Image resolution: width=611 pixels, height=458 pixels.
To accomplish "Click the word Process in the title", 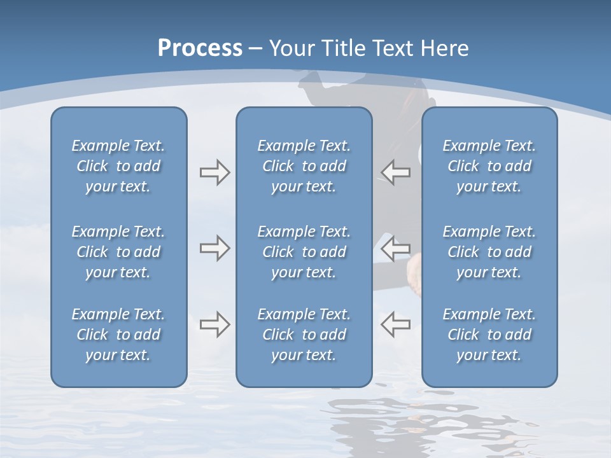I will [x=200, y=48].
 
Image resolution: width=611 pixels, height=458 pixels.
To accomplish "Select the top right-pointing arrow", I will [x=214, y=172].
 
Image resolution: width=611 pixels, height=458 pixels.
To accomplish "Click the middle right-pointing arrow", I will [x=214, y=247].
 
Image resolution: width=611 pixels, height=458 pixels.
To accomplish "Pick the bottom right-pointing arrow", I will [x=214, y=324].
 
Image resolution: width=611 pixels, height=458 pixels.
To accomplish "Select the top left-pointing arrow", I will [x=395, y=172].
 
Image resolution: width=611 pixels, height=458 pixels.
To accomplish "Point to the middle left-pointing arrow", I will [x=395, y=247].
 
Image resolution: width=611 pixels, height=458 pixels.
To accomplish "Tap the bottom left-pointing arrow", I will [x=395, y=324].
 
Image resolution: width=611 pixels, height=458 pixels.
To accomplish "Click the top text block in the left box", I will [x=118, y=166].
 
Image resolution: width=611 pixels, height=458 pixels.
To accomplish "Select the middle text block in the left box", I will [x=118, y=252].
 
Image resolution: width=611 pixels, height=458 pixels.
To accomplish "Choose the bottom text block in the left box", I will [x=118, y=335].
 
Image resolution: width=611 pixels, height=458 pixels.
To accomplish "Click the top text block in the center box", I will [x=304, y=166].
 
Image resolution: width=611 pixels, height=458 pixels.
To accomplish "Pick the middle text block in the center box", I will [x=304, y=252].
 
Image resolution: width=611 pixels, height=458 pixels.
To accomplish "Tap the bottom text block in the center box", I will [x=304, y=335].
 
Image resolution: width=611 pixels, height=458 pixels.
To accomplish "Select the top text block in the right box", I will [x=489, y=166].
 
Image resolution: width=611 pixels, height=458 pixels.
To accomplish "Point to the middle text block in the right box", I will [x=489, y=252].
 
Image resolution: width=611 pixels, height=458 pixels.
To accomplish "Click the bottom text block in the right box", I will [x=489, y=335].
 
